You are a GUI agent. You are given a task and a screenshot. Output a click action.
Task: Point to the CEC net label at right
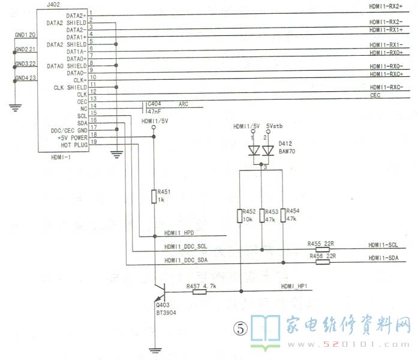pos(375,95)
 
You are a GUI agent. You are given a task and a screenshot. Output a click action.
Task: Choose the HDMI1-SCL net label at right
pos(384,245)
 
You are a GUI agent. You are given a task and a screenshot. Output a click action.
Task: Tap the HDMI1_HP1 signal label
pos(293,286)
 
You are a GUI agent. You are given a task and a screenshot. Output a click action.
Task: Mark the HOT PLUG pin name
pos(75,145)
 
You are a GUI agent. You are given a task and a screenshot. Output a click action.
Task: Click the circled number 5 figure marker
pos(240,328)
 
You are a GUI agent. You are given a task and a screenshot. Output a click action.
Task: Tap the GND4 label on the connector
pos(22,79)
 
